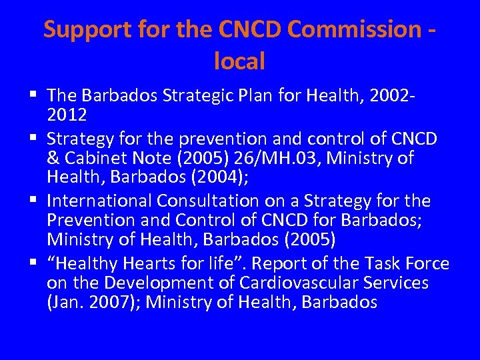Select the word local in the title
(240, 61)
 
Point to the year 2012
(67, 115)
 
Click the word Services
(397, 282)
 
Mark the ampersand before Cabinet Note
(52, 158)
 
